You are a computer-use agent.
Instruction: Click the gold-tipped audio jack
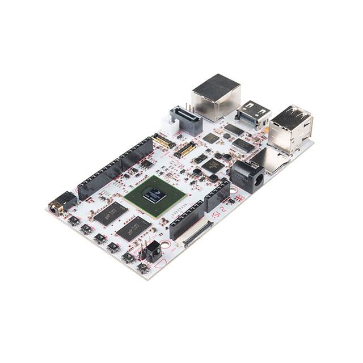[x=57, y=206]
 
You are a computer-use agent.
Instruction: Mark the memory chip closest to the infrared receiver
[x=133, y=228]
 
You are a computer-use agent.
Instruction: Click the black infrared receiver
[x=154, y=251]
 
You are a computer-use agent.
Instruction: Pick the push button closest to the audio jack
[x=74, y=220]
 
